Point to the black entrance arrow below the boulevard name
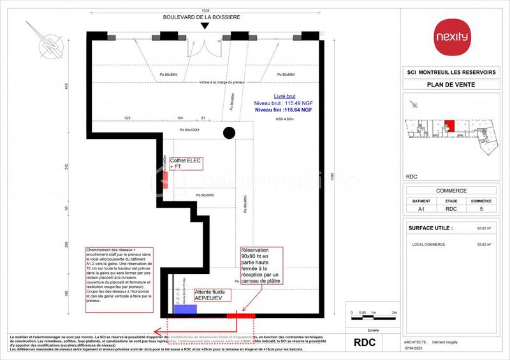pyautogui.click(x=204, y=27)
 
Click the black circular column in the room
pyautogui.click(x=229, y=133)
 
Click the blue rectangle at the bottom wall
pyautogui.click(x=186, y=309)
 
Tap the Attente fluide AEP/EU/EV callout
pyautogui.click(x=204, y=295)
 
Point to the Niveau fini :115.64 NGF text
pyautogui.click(x=283, y=110)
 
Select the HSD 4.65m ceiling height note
pyautogui.click(x=284, y=119)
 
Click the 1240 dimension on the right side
pyautogui.click(x=332, y=178)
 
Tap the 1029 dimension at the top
pyautogui.click(x=204, y=10)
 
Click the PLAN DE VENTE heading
pyautogui.click(x=447, y=84)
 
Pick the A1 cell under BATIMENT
pyautogui.click(x=421, y=208)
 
